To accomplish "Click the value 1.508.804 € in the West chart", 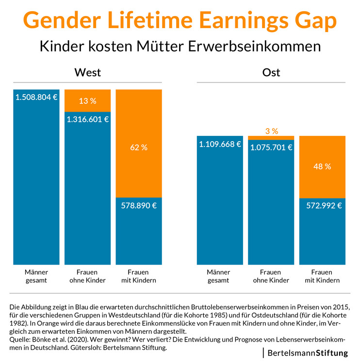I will tap(36, 97).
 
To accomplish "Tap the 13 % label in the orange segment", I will tap(87, 101).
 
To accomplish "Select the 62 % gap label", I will tap(138, 147).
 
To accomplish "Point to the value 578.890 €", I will tap(138, 205).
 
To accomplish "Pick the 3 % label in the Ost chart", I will tap(271, 131).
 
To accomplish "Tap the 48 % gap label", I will tap(322, 166).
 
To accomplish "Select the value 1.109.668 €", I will tap(220, 144).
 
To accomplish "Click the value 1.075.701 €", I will tap(271, 148).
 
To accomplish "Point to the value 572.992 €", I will tap(322, 205).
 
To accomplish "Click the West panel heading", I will tap(87, 73).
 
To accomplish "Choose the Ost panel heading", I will tap(271, 73).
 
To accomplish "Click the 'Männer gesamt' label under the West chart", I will tap(36, 276).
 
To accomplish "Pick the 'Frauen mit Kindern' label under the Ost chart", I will tap(322, 276).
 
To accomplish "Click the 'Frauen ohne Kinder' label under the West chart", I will tap(87, 276).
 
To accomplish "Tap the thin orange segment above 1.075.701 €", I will tap(271, 138).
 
